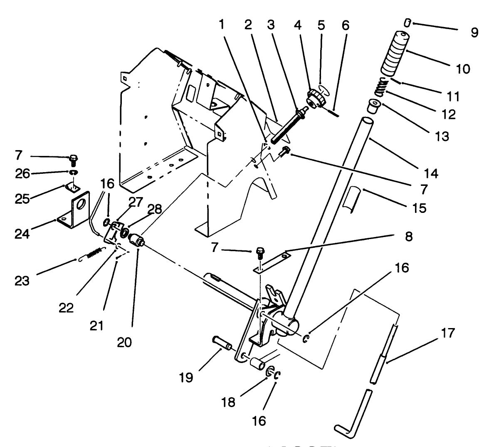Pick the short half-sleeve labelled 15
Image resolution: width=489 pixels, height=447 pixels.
pyautogui.click(x=354, y=198)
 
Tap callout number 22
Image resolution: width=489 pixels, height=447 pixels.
pyautogui.click(x=66, y=308)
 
